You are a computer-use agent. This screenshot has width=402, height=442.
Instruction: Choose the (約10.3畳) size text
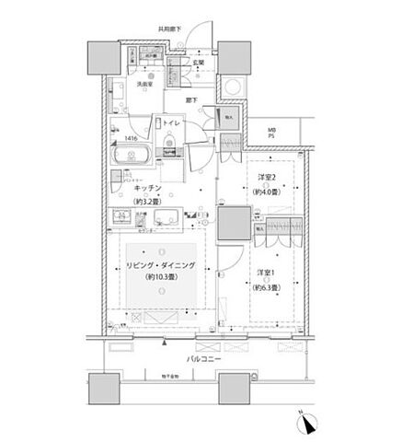click(162, 282)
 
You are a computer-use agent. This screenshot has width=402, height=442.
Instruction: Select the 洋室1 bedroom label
click(265, 273)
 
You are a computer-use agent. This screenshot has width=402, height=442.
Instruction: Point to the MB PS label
click(271, 134)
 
